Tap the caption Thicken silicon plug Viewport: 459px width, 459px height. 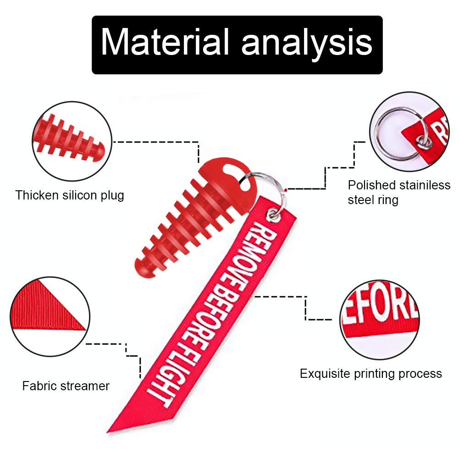click(70, 195)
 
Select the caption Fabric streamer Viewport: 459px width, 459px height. click(66, 386)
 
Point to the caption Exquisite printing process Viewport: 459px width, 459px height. click(371, 374)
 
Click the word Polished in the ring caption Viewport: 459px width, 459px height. click(371, 185)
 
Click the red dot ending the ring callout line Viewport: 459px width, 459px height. click(286, 188)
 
